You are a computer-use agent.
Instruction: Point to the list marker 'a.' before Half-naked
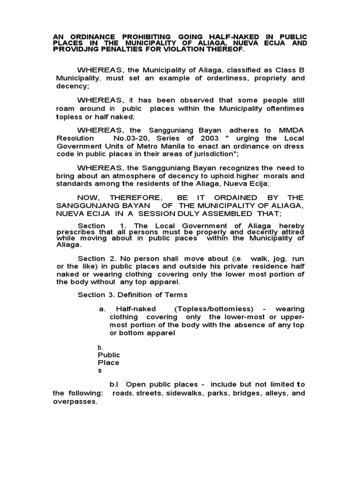tap(102, 309)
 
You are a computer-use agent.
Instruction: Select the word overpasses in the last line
tap(75, 402)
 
